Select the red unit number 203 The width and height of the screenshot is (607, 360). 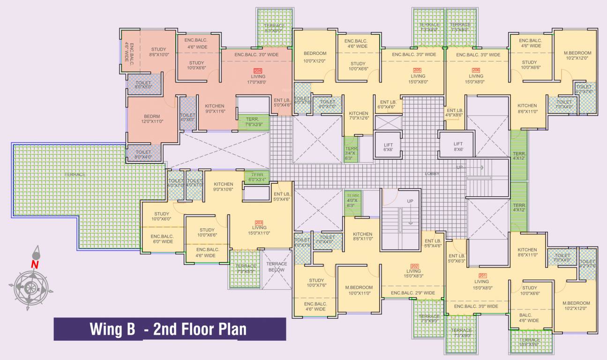(x=258, y=222)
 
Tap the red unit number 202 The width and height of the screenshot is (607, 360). (x=414, y=266)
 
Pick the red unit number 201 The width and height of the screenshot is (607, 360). (x=482, y=276)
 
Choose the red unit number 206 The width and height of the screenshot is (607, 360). (x=476, y=70)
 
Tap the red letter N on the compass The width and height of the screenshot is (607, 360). (x=35, y=264)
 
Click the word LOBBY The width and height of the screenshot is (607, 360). (x=432, y=173)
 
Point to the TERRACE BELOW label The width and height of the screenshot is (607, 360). (x=277, y=267)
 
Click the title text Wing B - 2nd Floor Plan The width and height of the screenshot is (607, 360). (x=168, y=329)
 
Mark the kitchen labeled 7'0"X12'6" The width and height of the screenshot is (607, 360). (x=359, y=116)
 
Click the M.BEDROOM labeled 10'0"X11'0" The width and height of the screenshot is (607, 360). (x=359, y=290)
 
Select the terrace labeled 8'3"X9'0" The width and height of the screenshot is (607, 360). (x=275, y=28)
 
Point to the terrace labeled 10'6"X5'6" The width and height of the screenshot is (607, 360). (x=530, y=342)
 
